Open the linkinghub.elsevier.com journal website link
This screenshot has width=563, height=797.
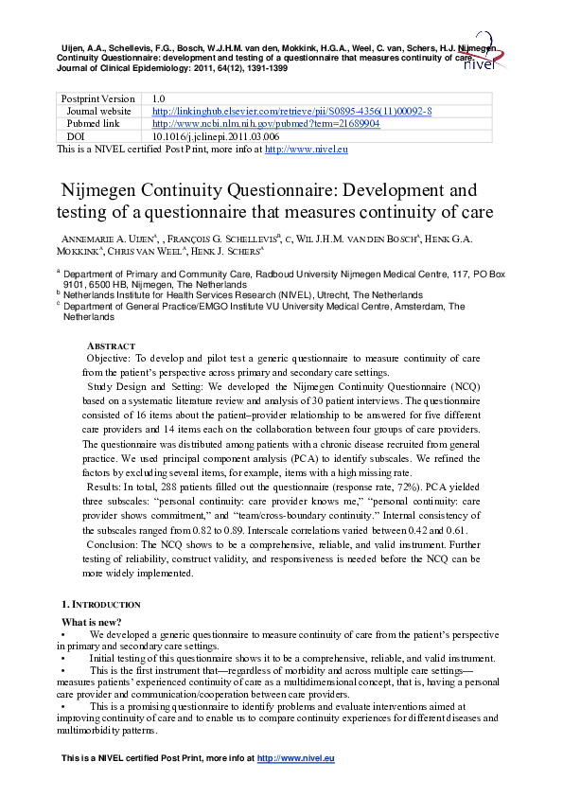[x=292, y=111]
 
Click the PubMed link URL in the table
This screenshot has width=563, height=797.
[x=266, y=123]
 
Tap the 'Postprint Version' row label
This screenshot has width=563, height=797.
[x=97, y=98]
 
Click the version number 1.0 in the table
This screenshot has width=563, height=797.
[x=159, y=98]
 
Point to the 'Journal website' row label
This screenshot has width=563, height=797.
[x=98, y=111]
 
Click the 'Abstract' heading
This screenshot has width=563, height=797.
[x=111, y=346]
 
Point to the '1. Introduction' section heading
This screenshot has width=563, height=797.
[x=101, y=604]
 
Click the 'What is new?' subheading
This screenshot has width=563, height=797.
[x=92, y=621]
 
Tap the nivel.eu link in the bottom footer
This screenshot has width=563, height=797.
[x=296, y=759]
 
